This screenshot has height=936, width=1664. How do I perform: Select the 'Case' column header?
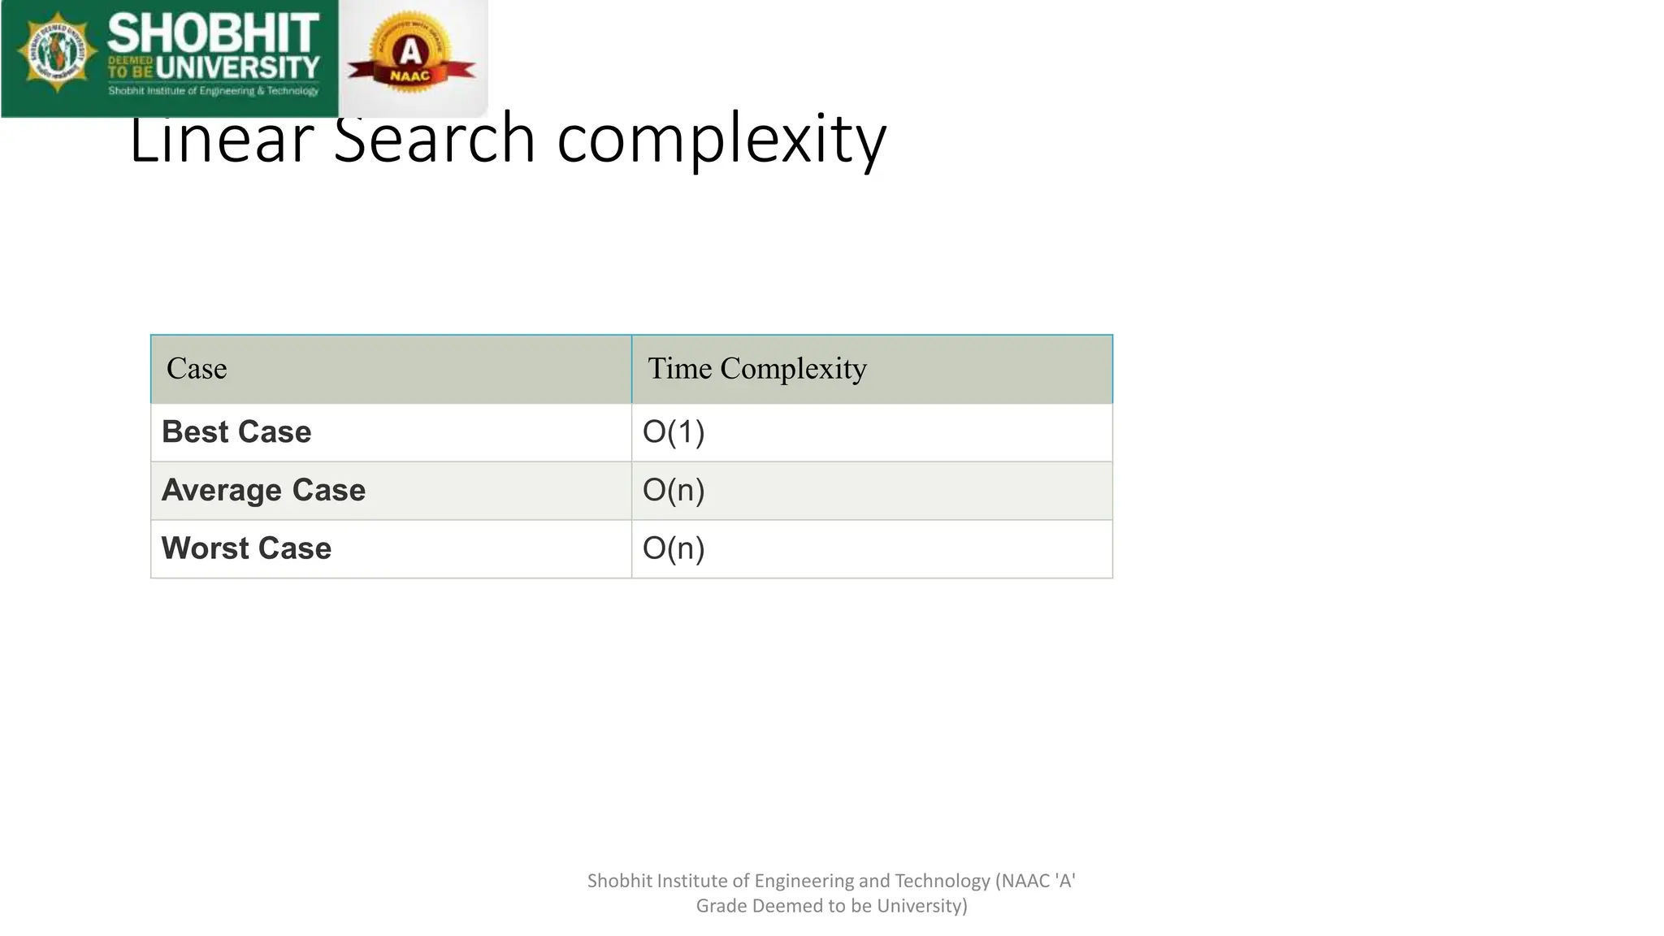(x=197, y=369)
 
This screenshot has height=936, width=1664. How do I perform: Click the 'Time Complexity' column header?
(x=756, y=369)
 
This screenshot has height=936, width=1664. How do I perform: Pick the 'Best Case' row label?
(x=236, y=432)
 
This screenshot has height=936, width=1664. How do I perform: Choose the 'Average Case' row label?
(x=263, y=491)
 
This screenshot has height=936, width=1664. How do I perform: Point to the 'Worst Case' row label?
(x=246, y=548)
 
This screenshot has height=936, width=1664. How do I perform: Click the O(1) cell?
(x=673, y=432)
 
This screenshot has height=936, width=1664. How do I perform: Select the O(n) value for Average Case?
(x=673, y=491)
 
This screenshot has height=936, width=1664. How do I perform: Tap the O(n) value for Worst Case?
(x=673, y=548)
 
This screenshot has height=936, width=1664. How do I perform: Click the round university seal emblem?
(x=57, y=54)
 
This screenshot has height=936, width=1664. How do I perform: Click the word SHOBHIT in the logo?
(x=213, y=34)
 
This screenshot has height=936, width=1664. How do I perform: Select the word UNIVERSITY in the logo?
(x=239, y=68)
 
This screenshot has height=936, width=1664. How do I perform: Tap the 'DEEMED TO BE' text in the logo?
(x=130, y=67)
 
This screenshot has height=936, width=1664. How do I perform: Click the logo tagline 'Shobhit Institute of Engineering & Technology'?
(x=214, y=91)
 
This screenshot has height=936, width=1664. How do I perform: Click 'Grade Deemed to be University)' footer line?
(x=831, y=906)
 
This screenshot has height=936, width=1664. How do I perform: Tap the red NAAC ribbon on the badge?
(x=411, y=75)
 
